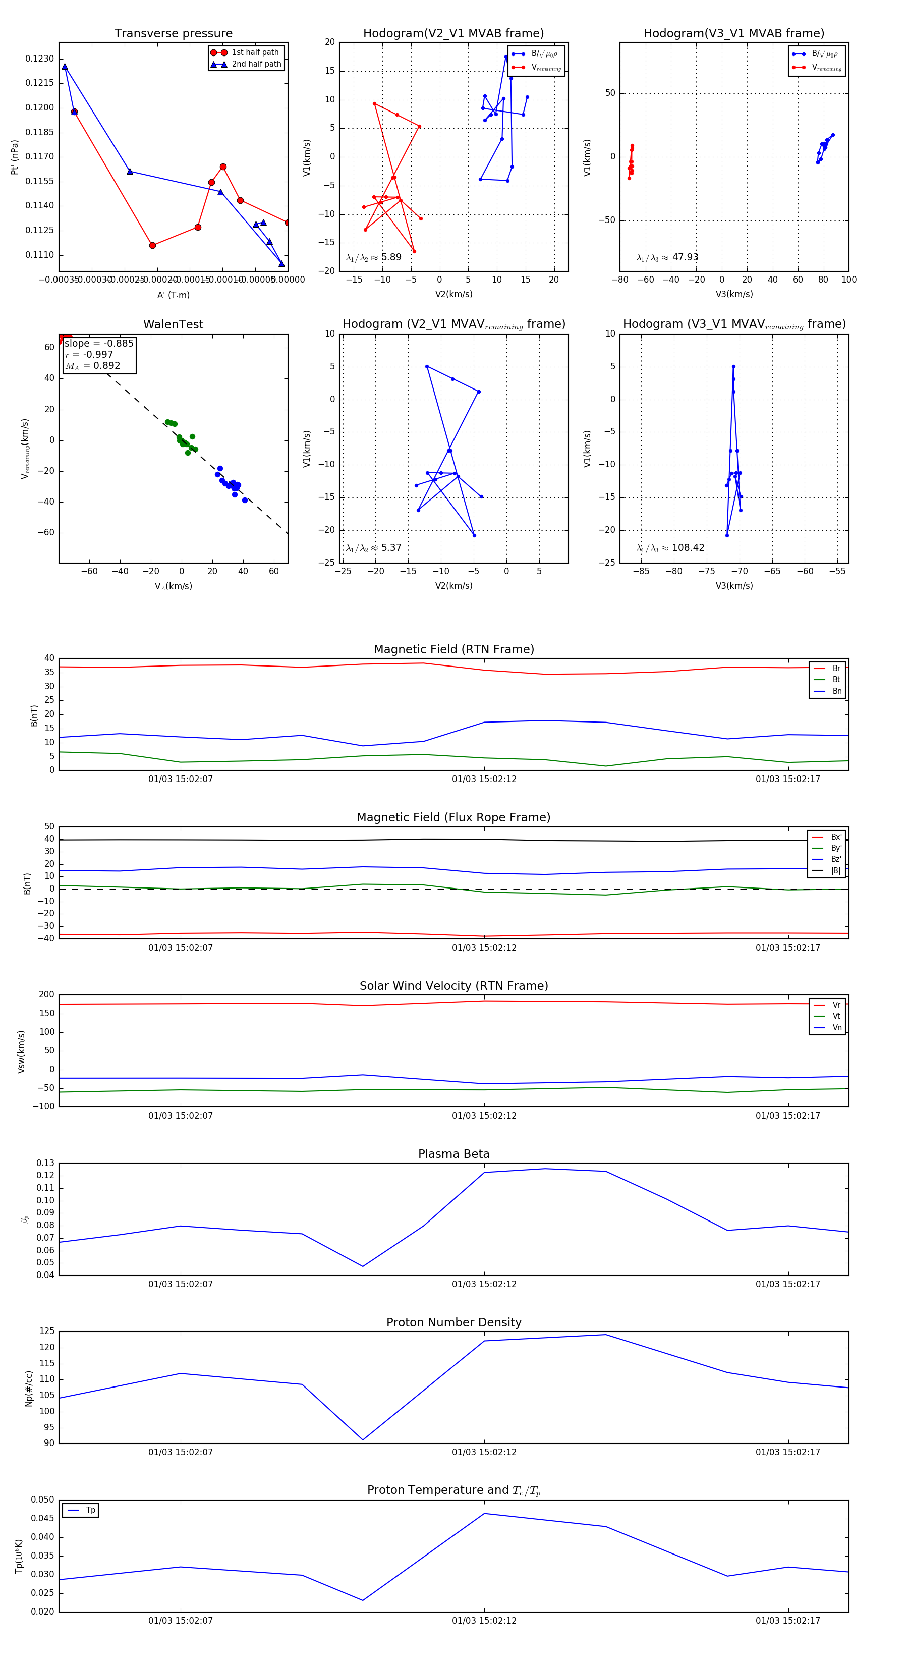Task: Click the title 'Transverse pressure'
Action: tap(173, 34)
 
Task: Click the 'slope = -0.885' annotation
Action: tap(99, 343)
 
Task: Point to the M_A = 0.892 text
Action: tap(92, 366)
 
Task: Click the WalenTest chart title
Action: tap(173, 324)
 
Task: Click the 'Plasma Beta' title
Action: tap(453, 1154)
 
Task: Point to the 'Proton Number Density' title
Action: tap(453, 1322)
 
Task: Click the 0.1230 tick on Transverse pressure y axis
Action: tap(40, 59)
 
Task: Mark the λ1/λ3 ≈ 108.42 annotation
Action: tap(670, 548)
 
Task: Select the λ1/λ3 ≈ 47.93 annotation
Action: tap(667, 257)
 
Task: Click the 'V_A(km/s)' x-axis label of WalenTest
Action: tap(173, 586)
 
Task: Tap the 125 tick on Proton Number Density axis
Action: tap(47, 1331)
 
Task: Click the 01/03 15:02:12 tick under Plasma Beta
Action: tap(484, 1284)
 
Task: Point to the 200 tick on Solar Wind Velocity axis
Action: tap(47, 995)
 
